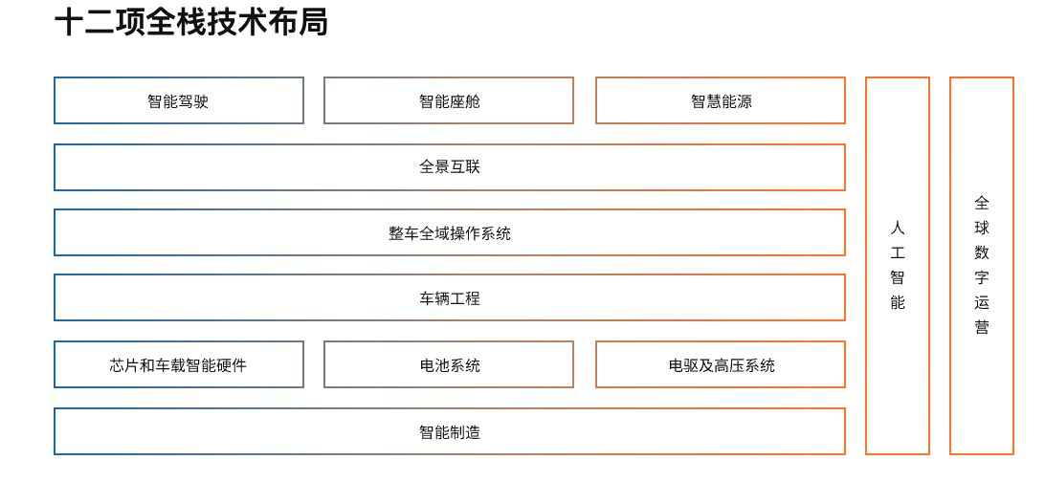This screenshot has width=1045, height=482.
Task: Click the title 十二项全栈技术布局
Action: coord(191,23)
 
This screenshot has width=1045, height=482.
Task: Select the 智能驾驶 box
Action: coord(179,100)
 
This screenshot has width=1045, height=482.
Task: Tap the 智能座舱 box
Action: coord(449,100)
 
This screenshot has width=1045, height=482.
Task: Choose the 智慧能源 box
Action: coord(721,100)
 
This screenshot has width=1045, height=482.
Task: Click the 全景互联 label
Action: coord(450,166)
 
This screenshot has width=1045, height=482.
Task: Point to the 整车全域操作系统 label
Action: coord(450,233)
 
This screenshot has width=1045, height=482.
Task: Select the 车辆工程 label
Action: coord(450,298)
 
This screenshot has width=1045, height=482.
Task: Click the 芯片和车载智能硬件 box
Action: coord(179,364)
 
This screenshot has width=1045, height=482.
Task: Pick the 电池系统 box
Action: coord(449,364)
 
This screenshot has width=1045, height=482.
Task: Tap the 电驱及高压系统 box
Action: coord(721,364)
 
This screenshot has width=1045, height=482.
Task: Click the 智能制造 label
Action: coord(450,432)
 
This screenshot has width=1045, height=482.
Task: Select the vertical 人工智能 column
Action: coord(898,266)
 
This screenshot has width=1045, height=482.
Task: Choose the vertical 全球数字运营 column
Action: coord(982,266)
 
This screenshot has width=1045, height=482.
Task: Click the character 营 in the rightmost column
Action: coord(982,327)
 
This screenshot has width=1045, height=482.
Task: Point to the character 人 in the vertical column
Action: coord(898,229)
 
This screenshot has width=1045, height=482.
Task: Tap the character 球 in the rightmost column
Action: coord(982,228)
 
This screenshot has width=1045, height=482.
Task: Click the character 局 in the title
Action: coord(313,23)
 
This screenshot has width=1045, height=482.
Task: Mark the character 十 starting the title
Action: coord(69,23)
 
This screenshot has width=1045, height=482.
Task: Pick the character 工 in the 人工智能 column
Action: coord(898,253)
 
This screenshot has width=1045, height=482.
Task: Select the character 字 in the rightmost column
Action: coord(982,277)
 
